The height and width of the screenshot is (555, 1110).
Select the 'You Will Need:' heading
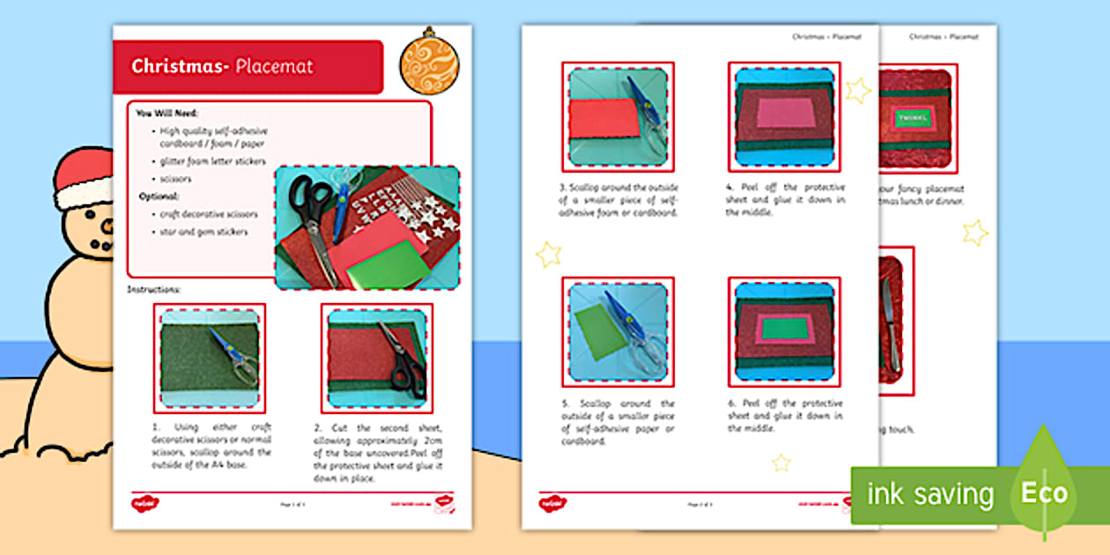click(166, 113)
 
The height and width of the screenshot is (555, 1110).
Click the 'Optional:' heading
click(159, 196)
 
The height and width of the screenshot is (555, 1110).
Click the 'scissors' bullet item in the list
click(175, 179)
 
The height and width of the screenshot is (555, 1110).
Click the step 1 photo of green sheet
click(210, 358)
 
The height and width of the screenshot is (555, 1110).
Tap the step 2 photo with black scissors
click(376, 358)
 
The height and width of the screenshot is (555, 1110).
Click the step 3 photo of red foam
click(618, 116)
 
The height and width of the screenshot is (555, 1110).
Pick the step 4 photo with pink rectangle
click(784, 116)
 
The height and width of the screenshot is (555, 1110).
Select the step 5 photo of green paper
click(618, 331)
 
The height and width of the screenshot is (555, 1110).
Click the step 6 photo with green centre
click(784, 331)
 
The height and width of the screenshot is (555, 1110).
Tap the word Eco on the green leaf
click(1044, 493)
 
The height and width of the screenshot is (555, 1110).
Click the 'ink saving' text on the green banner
click(929, 494)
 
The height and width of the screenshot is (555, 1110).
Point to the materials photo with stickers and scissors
click(366, 227)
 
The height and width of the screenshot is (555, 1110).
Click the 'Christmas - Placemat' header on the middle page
click(826, 37)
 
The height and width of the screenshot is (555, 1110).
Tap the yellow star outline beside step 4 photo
click(857, 90)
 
